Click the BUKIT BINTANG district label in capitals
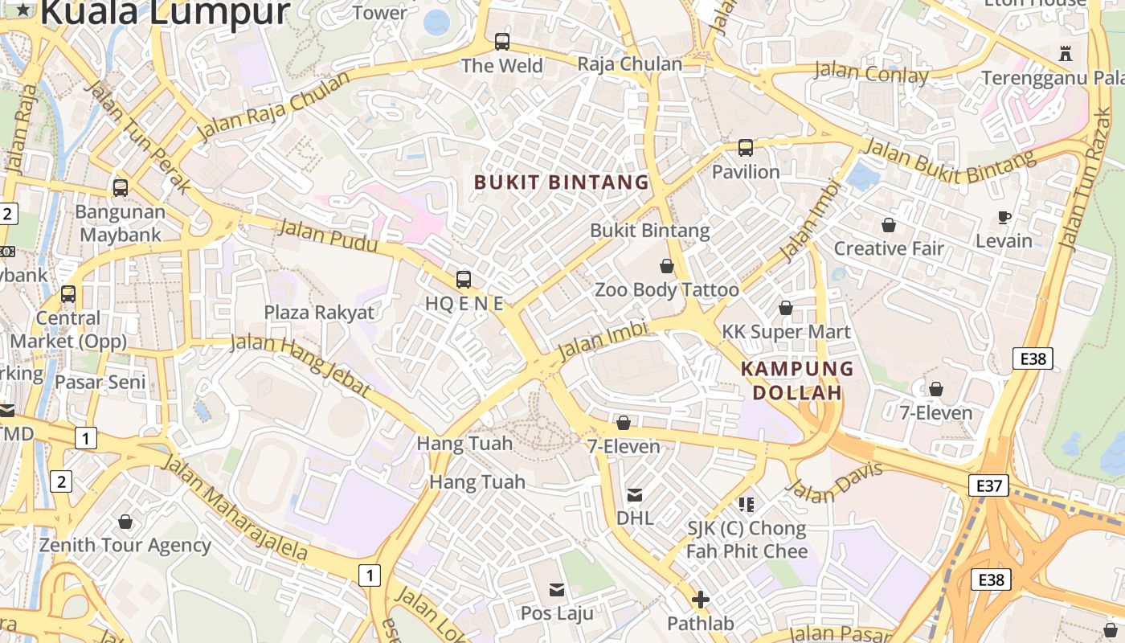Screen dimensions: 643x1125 point(561,182)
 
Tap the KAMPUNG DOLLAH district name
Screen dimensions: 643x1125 point(796,380)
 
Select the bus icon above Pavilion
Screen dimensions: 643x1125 point(746,148)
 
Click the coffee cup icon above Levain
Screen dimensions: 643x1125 point(1004,217)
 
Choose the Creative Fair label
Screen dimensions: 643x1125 point(889,248)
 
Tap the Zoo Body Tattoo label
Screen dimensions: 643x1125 point(666,290)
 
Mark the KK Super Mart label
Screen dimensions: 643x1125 point(786,331)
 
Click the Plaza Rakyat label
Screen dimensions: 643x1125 point(319,313)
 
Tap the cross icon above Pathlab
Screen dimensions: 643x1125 point(700,600)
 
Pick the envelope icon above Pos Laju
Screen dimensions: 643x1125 point(556,591)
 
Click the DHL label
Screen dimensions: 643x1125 point(635,518)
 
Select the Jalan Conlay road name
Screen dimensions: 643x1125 point(871,73)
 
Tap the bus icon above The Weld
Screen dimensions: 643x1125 point(502,41)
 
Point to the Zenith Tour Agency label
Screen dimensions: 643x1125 point(125,545)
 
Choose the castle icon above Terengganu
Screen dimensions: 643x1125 point(1066,54)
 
